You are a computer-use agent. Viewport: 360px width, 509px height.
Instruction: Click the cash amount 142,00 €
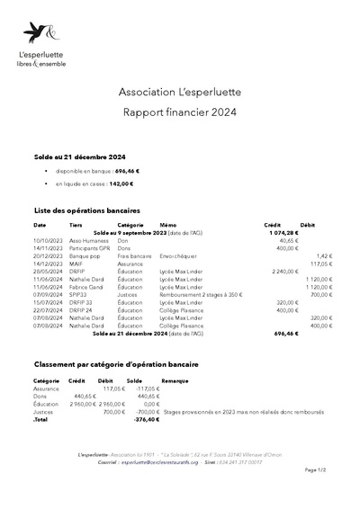(x=121, y=183)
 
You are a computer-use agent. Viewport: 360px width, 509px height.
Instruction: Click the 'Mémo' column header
(x=167, y=225)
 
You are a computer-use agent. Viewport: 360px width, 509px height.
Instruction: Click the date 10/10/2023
(x=47, y=241)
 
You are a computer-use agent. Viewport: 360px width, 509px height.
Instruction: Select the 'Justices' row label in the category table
(x=44, y=411)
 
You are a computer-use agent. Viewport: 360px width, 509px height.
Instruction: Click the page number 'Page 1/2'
(x=316, y=469)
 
